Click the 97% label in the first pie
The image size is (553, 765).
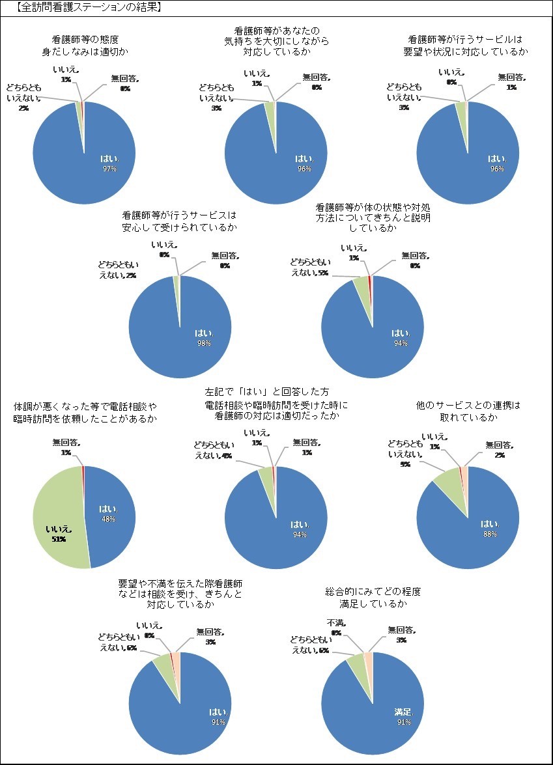click(108, 169)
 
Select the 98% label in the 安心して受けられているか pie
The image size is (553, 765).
click(204, 343)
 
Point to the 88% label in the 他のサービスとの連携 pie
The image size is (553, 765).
click(490, 534)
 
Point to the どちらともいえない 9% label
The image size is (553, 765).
click(404, 454)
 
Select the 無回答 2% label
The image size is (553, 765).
click(499, 450)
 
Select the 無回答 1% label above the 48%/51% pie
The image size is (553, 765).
click(66, 447)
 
